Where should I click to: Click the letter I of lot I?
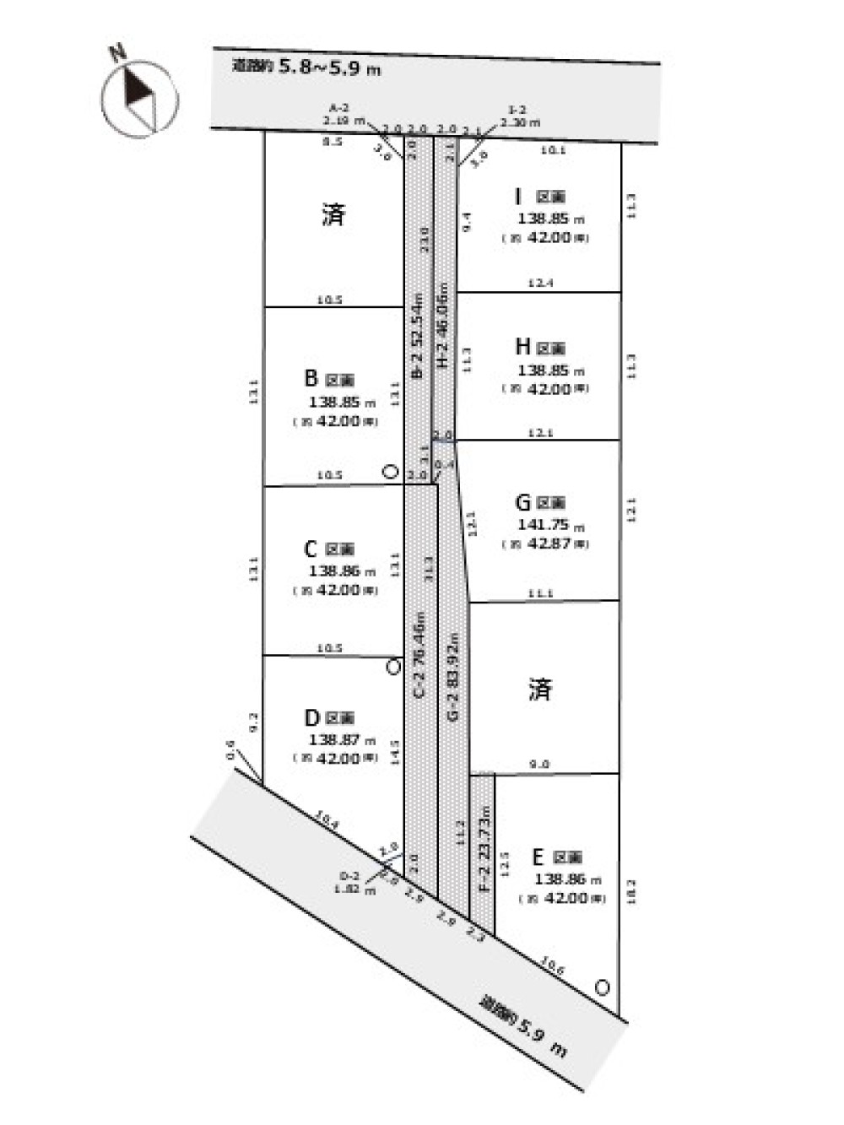click(517, 197)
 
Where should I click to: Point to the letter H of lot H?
click(522, 347)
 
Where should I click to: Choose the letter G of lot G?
click(522, 503)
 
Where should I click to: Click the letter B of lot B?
click(311, 379)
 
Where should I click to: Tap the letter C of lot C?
click(310, 549)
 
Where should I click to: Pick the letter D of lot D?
click(311, 718)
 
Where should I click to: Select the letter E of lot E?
click(538, 857)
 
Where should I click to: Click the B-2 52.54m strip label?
click(417, 336)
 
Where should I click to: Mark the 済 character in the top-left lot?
click(333, 214)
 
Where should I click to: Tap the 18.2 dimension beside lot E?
click(632, 890)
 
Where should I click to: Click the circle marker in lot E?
click(602, 986)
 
